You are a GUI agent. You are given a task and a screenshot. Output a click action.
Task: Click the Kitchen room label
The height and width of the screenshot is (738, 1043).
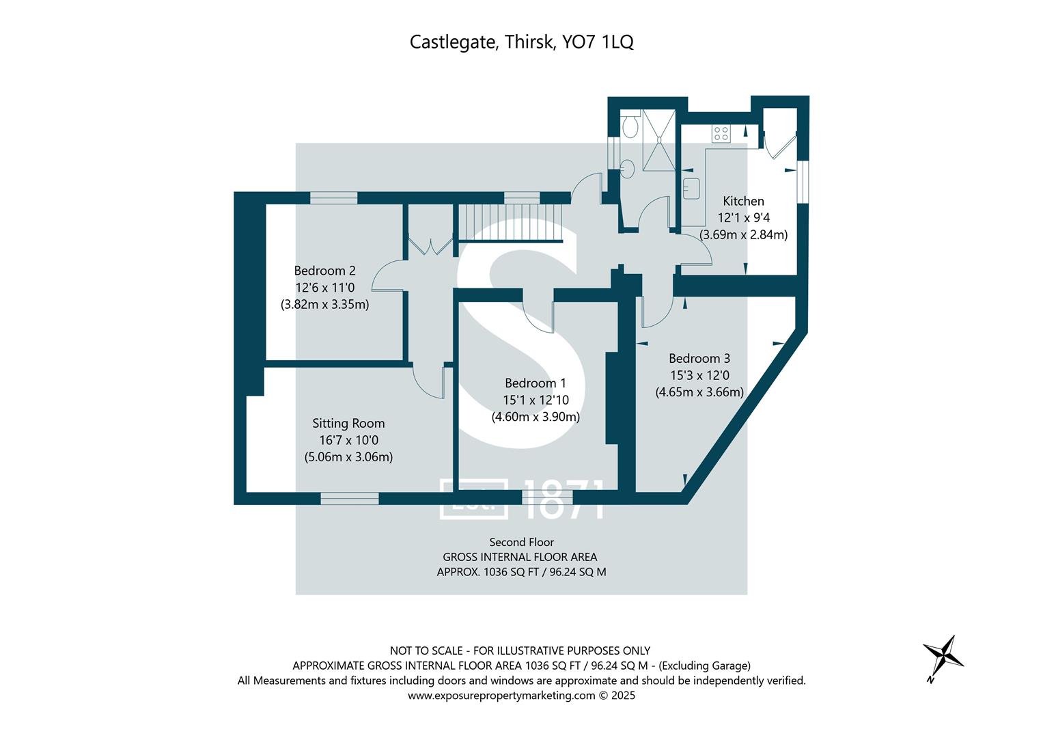(x=743, y=201)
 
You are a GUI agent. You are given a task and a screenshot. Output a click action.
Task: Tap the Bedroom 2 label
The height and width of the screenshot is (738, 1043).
(x=324, y=271)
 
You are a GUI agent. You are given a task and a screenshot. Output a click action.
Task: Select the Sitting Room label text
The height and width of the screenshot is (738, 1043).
(x=348, y=424)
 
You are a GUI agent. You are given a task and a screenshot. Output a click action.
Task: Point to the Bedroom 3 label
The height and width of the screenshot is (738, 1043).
(x=699, y=358)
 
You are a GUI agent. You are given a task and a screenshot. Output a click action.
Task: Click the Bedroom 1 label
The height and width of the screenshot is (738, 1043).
(x=536, y=383)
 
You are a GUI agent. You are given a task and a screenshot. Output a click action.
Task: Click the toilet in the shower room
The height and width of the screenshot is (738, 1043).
(x=630, y=124)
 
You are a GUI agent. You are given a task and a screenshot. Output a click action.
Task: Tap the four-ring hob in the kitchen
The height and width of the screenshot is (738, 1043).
(x=721, y=133)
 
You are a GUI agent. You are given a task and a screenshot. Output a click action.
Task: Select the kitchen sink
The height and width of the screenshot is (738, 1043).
(x=691, y=188)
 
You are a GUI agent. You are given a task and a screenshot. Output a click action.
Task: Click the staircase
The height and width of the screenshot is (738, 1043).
(x=508, y=222)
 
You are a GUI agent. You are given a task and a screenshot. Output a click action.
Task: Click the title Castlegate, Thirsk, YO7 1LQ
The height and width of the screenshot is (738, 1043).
(x=521, y=42)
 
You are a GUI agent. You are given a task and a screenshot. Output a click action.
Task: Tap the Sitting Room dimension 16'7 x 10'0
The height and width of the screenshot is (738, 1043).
(x=348, y=441)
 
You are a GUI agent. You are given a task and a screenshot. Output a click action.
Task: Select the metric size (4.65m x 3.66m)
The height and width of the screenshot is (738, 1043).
(x=699, y=392)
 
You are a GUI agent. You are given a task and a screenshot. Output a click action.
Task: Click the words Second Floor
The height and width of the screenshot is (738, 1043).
(x=521, y=542)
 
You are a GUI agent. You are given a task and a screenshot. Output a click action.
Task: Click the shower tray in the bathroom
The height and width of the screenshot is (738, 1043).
(x=659, y=139)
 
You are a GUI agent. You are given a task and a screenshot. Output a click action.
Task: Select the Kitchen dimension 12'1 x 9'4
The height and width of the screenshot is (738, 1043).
(x=743, y=218)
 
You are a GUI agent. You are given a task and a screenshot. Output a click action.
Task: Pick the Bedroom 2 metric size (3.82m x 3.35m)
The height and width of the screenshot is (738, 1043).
(x=324, y=305)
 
